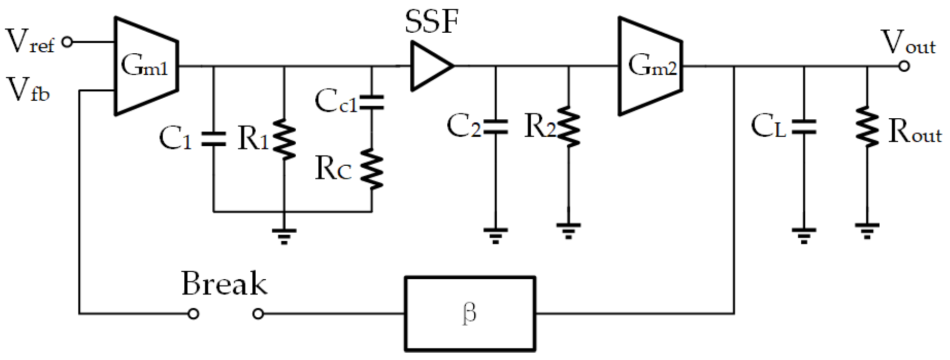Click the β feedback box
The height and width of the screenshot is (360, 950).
(x=469, y=314)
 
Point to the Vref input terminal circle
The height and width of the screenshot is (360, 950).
(x=67, y=42)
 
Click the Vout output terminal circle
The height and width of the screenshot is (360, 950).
(x=904, y=67)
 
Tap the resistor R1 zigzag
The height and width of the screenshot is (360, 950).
(x=285, y=139)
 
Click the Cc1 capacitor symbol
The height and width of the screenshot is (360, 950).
(x=372, y=102)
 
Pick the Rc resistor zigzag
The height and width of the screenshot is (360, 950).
(x=372, y=169)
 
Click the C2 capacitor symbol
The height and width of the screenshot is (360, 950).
(x=495, y=127)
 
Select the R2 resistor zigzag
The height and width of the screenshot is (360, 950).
(x=568, y=127)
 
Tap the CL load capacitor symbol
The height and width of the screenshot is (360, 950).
(x=804, y=127)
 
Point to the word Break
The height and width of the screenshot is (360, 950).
(x=224, y=283)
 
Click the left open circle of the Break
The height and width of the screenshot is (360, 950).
(x=194, y=314)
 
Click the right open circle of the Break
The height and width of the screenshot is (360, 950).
(x=258, y=314)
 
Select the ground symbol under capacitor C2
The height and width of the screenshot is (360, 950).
(x=495, y=234)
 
